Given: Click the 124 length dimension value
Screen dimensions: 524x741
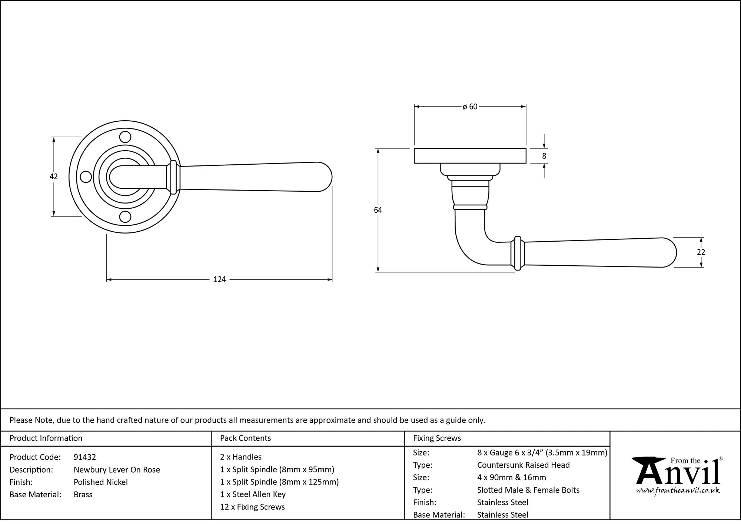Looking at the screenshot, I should point(220,279).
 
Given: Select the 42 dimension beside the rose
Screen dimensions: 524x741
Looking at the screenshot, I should point(54,177).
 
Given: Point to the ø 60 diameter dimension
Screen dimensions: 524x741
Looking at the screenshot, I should point(470,107).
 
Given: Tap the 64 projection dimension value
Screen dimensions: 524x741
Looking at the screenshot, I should point(378,210).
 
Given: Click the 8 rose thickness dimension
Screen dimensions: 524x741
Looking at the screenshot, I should point(544,156).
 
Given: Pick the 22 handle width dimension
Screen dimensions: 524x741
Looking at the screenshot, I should point(701,252).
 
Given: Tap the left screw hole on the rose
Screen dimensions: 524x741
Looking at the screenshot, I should point(86,177).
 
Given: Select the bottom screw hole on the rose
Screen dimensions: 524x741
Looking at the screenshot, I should point(126,217).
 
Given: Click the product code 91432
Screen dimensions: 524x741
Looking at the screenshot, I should point(85,457).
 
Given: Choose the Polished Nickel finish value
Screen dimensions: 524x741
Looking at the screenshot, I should point(101,482).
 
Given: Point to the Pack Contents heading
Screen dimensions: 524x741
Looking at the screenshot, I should point(245,438).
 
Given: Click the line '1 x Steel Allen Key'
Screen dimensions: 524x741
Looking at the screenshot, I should point(253,494).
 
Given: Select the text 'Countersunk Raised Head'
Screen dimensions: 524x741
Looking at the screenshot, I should point(523,465).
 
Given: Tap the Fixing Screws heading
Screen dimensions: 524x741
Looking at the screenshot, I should point(437,438).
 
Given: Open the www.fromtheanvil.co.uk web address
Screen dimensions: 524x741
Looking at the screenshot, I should point(678,491).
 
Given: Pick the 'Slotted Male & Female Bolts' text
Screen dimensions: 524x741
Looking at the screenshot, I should point(528,490).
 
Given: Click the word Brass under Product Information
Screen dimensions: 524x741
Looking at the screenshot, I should point(83,494).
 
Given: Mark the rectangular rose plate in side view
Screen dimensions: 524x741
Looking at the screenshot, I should point(470,156).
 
